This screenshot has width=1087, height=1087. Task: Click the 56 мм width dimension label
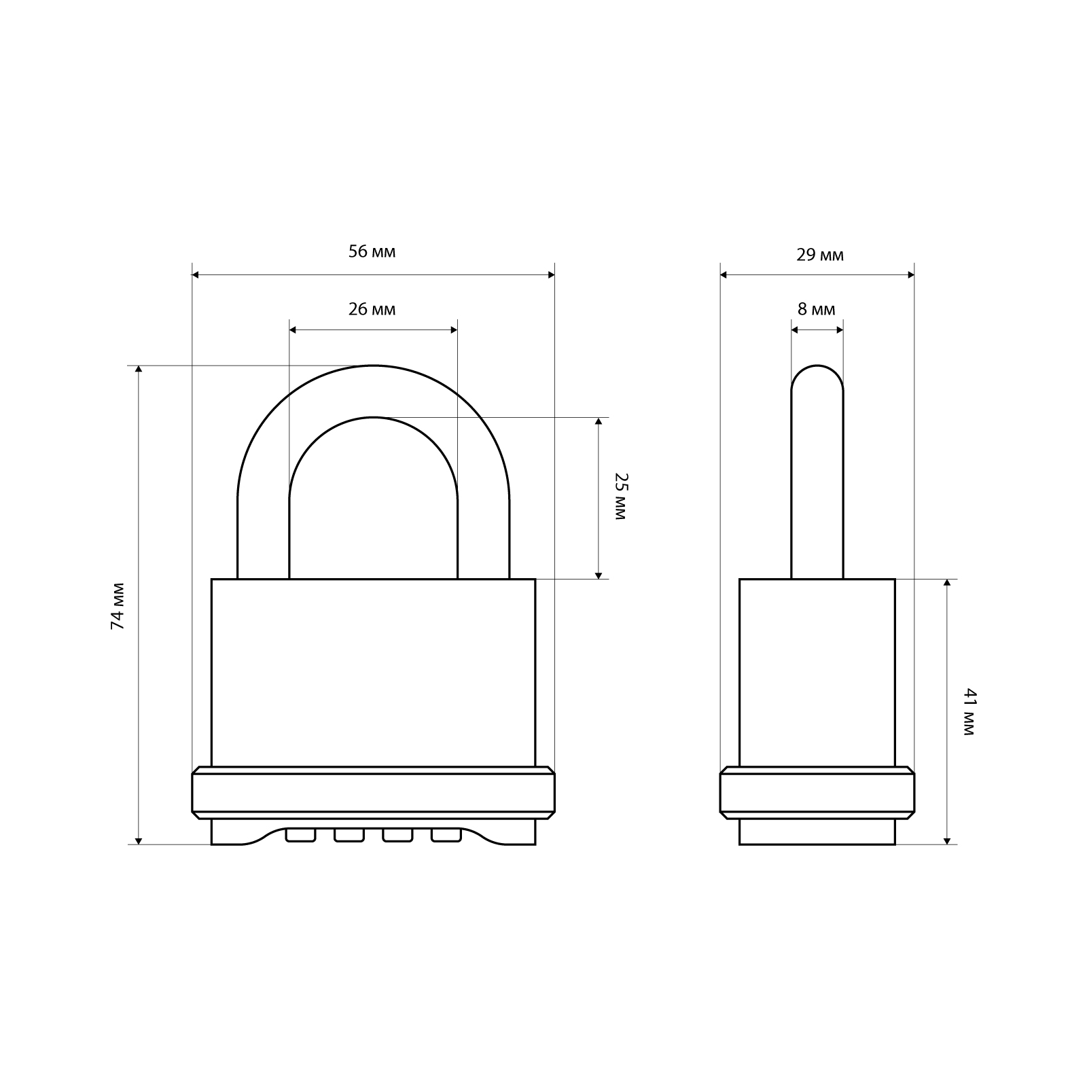tap(372, 252)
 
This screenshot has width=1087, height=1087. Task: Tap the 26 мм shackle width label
tap(372, 310)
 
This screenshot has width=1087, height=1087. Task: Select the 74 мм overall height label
tap(118, 606)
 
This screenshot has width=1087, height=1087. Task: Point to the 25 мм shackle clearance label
tap(618, 497)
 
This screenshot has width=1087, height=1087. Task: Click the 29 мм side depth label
tap(820, 255)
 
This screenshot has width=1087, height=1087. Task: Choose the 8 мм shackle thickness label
tap(817, 310)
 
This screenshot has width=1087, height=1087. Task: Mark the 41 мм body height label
tap(969, 712)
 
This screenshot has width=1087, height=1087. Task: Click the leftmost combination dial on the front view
tap(301, 835)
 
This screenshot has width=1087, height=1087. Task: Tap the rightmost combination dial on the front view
tap(446, 835)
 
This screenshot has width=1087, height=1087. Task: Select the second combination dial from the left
tap(349, 835)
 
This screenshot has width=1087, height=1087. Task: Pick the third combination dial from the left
tap(398, 835)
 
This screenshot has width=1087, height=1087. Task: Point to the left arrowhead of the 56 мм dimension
tap(196, 275)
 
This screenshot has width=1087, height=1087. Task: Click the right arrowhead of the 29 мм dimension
tap(910, 275)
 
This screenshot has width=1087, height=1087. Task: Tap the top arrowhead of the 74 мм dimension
tap(139, 369)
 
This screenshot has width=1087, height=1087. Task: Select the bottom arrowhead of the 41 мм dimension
tap(947, 840)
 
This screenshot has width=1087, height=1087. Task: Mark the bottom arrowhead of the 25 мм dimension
tap(599, 575)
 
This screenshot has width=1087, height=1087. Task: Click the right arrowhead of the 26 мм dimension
tap(454, 330)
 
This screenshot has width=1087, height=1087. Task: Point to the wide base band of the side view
tap(817, 793)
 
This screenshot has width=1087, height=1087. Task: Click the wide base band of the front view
tap(373, 793)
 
